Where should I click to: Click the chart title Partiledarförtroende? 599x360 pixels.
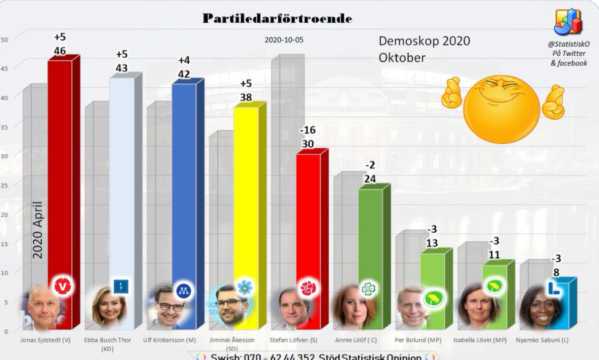click(x=277, y=18)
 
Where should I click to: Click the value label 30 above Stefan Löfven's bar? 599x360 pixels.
click(x=307, y=144)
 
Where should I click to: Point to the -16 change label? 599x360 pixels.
click(x=307, y=131)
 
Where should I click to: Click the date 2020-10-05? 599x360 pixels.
click(x=284, y=40)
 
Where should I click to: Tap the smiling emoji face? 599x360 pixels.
click(x=501, y=109)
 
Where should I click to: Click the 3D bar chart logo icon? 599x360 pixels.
click(x=568, y=22)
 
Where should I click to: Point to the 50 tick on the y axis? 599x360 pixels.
click(x=4, y=40)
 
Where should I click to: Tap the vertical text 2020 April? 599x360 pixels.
click(x=37, y=230)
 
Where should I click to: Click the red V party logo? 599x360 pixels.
click(x=64, y=286)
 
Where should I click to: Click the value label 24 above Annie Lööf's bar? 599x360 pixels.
click(x=369, y=179)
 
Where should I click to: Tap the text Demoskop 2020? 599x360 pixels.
click(x=424, y=41)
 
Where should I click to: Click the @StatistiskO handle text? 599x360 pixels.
click(x=568, y=44)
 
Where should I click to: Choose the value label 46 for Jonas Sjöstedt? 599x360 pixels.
click(x=60, y=50)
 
